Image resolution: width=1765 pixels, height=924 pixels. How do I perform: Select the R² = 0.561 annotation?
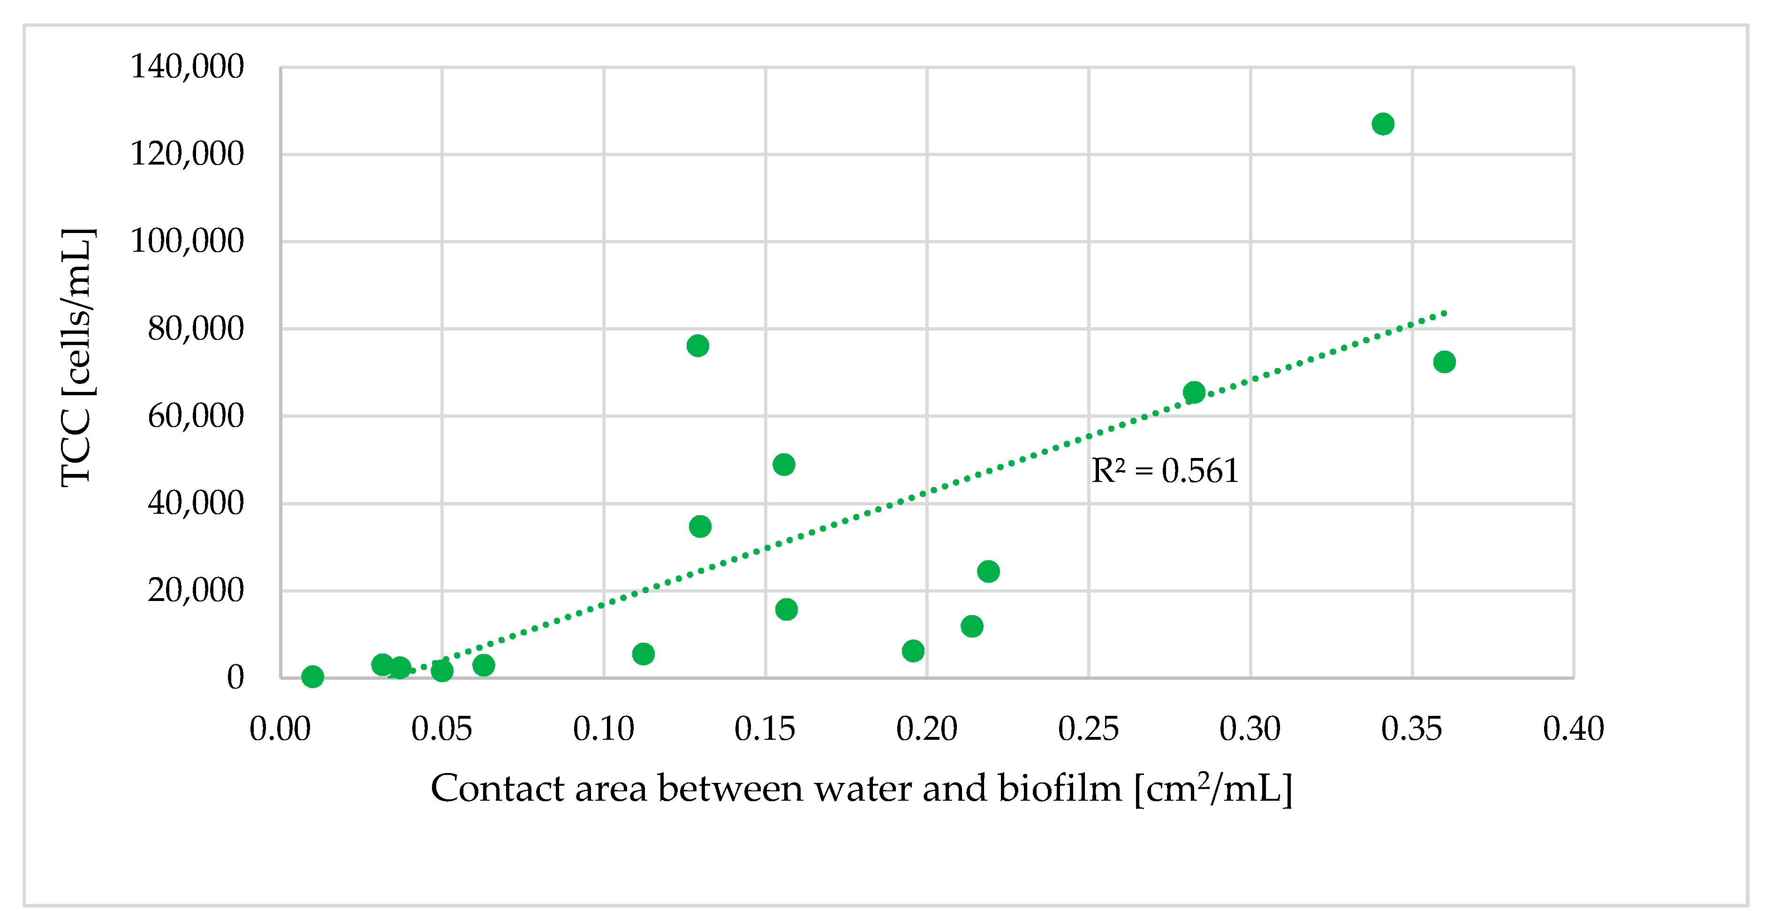(1165, 471)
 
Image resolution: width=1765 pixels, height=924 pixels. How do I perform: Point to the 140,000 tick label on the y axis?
(186, 67)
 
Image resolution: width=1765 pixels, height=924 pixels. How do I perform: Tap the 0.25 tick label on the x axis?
(1088, 729)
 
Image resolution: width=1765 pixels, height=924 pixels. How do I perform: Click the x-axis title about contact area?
(861, 789)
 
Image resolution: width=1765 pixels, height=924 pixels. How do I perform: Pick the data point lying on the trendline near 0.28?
(1194, 392)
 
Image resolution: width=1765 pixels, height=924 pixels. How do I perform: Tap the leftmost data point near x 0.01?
(312, 677)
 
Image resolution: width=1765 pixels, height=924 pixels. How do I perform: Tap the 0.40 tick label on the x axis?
(1573, 729)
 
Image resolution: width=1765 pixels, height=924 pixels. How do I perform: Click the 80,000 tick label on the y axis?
(195, 329)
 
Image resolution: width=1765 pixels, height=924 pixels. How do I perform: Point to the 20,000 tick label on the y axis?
(195, 590)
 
